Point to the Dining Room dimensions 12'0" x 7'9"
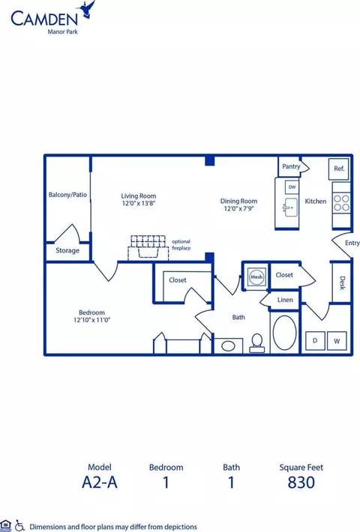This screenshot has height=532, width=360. pos(238,209)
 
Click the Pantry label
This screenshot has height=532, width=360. pos(291,166)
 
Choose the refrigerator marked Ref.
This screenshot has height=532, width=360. pos(339,169)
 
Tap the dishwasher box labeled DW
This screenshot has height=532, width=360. pos(292,187)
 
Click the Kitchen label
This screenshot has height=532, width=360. pos(315,202)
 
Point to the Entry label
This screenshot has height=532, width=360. pos(352,243)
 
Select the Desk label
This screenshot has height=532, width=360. pos(342,282)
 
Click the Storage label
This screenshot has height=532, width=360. pos(67,250)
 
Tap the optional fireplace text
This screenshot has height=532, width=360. pos(181,245)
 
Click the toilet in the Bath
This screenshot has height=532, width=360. pos(256,342)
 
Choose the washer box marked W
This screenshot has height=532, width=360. pos(337,341)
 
